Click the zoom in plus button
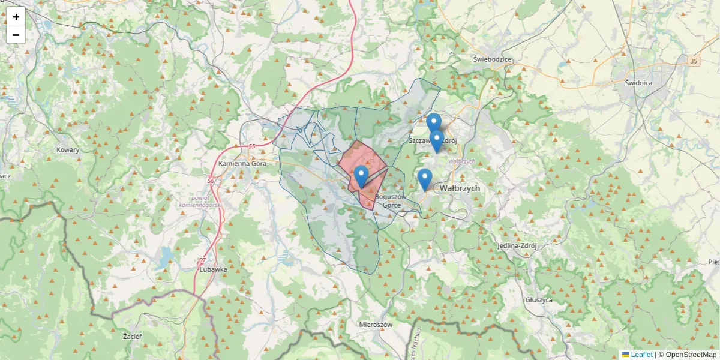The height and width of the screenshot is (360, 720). coord(16,17)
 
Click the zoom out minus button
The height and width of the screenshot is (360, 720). coord(16,35)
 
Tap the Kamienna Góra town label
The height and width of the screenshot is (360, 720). coord(242,164)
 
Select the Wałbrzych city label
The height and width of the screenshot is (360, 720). coord(460,188)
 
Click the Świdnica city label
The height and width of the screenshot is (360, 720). coord(638,83)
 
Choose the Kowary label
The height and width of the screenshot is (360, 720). coord(68,150)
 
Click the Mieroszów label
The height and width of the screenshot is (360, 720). coord(375,325)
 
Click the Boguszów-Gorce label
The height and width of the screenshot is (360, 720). coord(391,200)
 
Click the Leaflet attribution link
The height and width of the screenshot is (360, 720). coord(641,355)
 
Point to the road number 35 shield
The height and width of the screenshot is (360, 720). coord(694,61)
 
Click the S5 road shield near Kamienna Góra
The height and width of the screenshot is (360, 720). coord(251,146)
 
